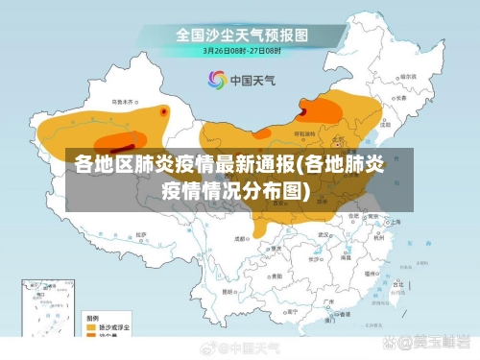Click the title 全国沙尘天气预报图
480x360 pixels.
pyautogui.click(x=241, y=35)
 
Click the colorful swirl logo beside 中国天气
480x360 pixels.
pyautogui.click(x=215, y=80)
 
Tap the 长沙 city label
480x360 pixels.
pyautogui.click(x=325, y=252)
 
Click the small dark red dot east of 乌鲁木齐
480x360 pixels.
pyautogui.click(x=164, y=111)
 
